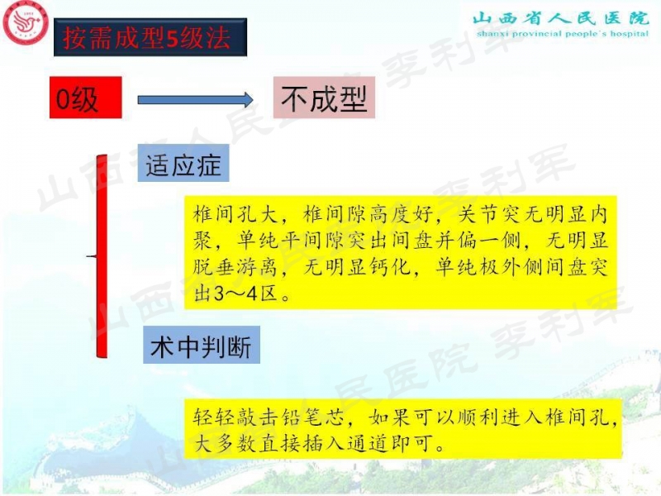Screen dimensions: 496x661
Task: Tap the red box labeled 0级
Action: click(x=85, y=98)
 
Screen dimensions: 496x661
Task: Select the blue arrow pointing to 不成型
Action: click(x=195, y=99)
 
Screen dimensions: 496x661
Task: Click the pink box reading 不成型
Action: click(x=324, y=99)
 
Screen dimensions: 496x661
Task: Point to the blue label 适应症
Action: click(x=183, y=165)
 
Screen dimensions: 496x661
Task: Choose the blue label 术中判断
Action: click(x=201, y=346)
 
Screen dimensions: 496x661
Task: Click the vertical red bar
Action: click(x=102, y=256)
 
